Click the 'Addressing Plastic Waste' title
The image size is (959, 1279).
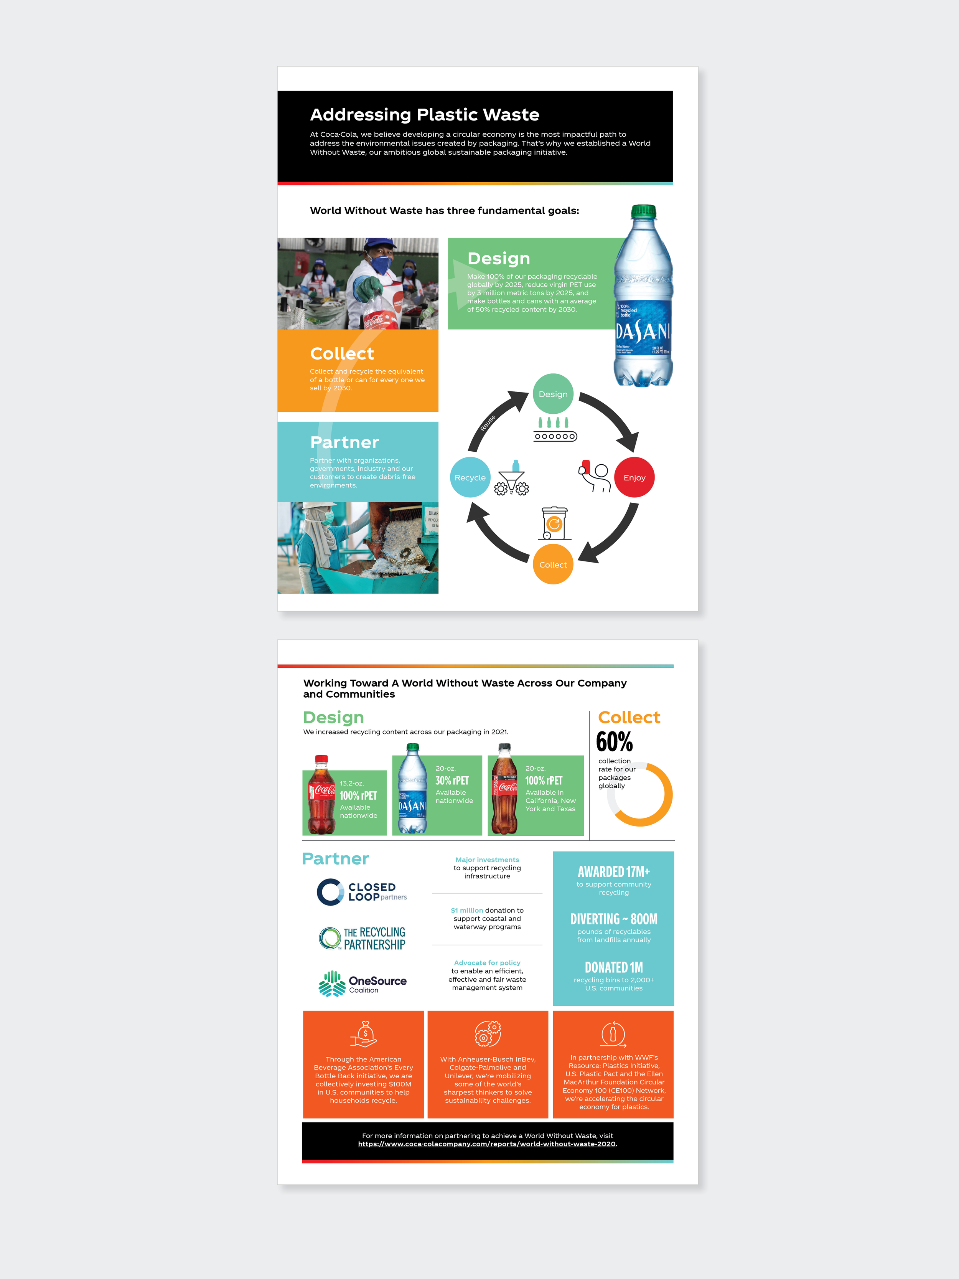[424, 114]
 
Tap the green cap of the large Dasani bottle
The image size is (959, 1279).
[643, 211]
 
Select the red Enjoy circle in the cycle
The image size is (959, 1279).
[634, 478]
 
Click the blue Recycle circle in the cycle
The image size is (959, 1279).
[470, 478]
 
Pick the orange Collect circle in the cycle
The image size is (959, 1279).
[553, 564]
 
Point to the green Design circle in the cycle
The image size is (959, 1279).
[553, 394]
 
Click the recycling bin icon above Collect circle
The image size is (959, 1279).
[554, 523]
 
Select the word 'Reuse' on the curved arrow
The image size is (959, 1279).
[487, 422]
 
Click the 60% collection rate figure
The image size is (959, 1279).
[614, 742]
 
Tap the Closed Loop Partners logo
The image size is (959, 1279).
[362, 891]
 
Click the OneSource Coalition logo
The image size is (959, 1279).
[363, 984]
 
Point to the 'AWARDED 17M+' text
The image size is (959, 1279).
[613, 872]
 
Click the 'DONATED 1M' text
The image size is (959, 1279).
[613, 967]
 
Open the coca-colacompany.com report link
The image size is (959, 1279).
[487, 1144]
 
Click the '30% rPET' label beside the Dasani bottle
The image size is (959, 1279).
[452, 781]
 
